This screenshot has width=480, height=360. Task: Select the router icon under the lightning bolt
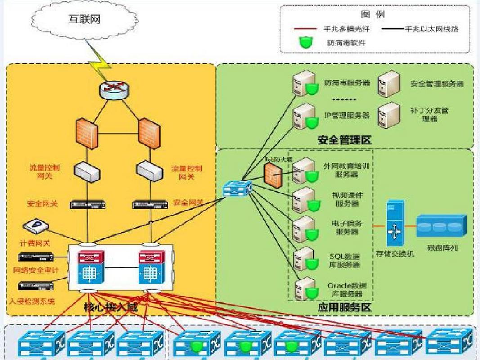pos(114,90)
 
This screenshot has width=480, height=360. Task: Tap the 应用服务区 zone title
pos(344,308)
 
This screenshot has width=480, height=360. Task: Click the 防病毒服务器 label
pos(347,83)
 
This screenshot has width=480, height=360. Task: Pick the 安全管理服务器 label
pos(436,83)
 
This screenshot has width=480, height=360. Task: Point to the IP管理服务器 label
pos(347,116)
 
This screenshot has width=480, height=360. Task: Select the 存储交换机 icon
pos(395,223)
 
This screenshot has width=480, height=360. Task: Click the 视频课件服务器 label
pos(347,199)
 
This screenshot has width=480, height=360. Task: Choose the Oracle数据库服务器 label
pos(347,289)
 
